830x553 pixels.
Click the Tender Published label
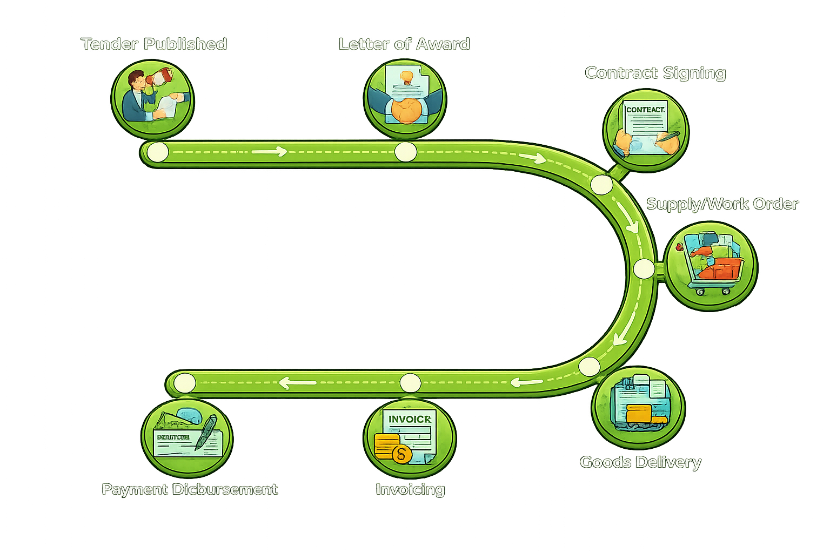[x=154, y=44]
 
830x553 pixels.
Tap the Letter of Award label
[x=404, y=44]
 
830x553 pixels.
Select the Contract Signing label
[x=655, y=73]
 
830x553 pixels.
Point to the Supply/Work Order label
[x=722, y=204]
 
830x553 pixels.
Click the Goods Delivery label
[x=640, y=462]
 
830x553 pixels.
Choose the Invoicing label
[x=410, y=489]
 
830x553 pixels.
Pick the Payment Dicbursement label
[x=190, y=489]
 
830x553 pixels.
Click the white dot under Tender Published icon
[x=158, y=153]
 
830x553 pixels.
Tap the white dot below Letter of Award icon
[x=405, y=152]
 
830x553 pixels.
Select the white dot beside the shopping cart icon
[x=644, y=268]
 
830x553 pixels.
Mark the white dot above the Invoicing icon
[x=410, y=383]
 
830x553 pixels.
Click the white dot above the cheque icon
[x=185, y=383]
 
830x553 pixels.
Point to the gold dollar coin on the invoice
[x=401, y=454]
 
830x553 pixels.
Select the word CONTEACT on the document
[x=645, y=110]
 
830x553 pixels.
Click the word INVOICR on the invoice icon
[x=410, y=419]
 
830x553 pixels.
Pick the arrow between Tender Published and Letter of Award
[x=269, y=152]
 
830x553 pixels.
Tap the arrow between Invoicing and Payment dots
[x=297, y=383]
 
